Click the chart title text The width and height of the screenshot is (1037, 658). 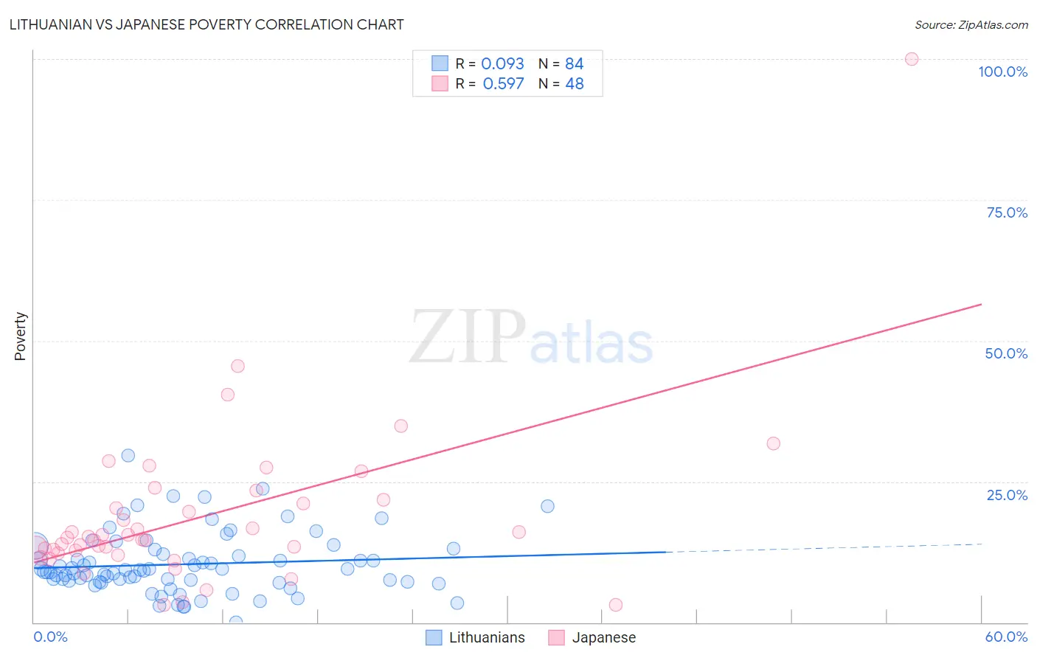pos(207,24)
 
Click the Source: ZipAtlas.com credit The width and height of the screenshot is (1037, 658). pos(971,24)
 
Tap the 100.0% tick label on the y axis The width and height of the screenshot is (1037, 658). pos(1002,72)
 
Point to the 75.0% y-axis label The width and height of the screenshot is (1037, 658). pos(1007,212)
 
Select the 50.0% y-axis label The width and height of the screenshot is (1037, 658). pos(1006,353)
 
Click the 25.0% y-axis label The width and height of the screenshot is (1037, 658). pos(1007,495)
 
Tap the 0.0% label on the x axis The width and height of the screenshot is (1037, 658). pos(50,637)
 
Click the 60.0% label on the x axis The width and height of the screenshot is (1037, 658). pos(1006,637)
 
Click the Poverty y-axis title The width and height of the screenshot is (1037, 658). pos(20,336)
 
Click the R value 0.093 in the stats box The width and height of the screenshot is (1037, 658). pos(502,63)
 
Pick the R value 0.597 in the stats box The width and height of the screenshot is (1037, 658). pos(503,83)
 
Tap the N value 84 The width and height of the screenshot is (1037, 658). pos(574,63)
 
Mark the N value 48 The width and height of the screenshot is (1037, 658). pos(574,83)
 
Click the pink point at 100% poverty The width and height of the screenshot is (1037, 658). pos(912,59)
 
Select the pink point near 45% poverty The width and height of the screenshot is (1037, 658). pos(237,366)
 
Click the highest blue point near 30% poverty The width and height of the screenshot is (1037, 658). pos(128,456)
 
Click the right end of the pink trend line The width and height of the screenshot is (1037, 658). pos(981,304)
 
